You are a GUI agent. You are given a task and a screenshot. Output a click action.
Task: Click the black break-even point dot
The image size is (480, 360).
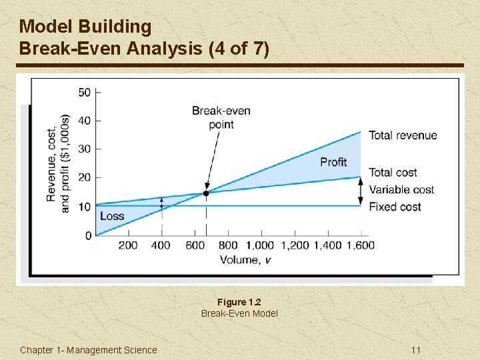[206, 193]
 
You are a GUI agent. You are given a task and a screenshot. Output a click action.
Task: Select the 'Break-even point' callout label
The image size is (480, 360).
[221, 117]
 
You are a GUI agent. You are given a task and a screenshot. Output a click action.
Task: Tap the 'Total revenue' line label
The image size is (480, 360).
[403, 135]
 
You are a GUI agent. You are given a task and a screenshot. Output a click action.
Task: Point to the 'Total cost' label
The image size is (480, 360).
[393, 173]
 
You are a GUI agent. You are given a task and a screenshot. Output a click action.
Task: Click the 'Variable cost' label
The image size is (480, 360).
[401, 189]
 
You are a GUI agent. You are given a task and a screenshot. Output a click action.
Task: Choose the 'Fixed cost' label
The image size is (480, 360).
[394, 207]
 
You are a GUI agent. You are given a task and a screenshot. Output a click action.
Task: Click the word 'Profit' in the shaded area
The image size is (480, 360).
[333, 162]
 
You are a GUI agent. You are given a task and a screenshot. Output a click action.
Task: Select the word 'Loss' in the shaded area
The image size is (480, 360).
[112, 216]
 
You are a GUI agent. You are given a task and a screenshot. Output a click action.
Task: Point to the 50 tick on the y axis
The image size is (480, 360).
[85, 92]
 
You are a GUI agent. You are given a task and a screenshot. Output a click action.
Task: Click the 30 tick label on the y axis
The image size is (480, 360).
[85, 149]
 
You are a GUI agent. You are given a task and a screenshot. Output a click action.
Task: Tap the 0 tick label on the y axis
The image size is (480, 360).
[88, 235]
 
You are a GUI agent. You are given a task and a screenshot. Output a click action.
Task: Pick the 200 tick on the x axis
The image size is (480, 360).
[128, 245]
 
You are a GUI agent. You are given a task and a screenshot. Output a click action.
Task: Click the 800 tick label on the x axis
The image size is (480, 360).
[228, 245]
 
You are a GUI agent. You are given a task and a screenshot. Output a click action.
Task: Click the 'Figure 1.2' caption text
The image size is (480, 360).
[239, 302]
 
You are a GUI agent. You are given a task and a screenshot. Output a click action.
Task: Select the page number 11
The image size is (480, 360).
[416, 350]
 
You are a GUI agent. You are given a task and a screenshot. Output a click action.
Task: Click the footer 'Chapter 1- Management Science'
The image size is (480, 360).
[89, 350]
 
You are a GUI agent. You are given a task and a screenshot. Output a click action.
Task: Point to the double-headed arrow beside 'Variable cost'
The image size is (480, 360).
[361, 191]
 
